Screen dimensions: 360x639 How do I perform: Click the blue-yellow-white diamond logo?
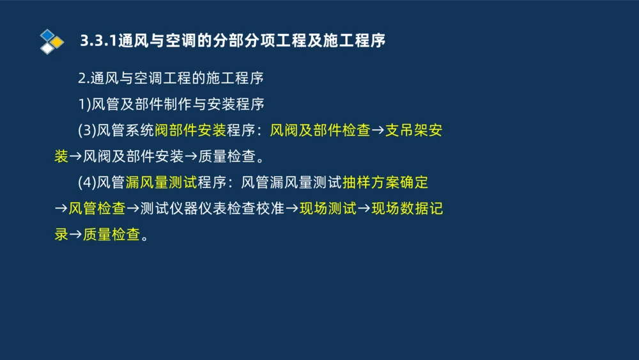[x=52, y=42]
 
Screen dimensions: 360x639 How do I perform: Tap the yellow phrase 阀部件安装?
[x=190, y=130]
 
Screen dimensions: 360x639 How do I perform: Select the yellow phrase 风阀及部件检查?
[x=320, y=130]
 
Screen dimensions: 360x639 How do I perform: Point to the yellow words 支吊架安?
[x=414, y=130]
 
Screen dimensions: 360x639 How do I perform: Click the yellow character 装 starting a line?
[x=61, y=157]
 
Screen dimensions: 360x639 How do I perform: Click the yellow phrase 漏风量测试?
[x=161, y=183]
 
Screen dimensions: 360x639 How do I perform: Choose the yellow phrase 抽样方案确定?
[x=385, y=183]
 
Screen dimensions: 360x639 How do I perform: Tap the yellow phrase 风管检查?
[x=97, y=208]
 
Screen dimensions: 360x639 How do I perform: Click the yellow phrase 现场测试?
[x=328, y=208]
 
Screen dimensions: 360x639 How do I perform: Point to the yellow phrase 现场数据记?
[x=407, y=208]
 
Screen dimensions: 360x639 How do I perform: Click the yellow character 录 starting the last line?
[x=61, y=235]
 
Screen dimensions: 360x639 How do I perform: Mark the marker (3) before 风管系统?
[x=86, y=130]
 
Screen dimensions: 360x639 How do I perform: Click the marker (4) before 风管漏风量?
[x=86, y=183]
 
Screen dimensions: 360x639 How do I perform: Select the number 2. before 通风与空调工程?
[x=84, y=79]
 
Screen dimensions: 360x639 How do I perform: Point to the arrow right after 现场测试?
[x=364, y=208]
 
